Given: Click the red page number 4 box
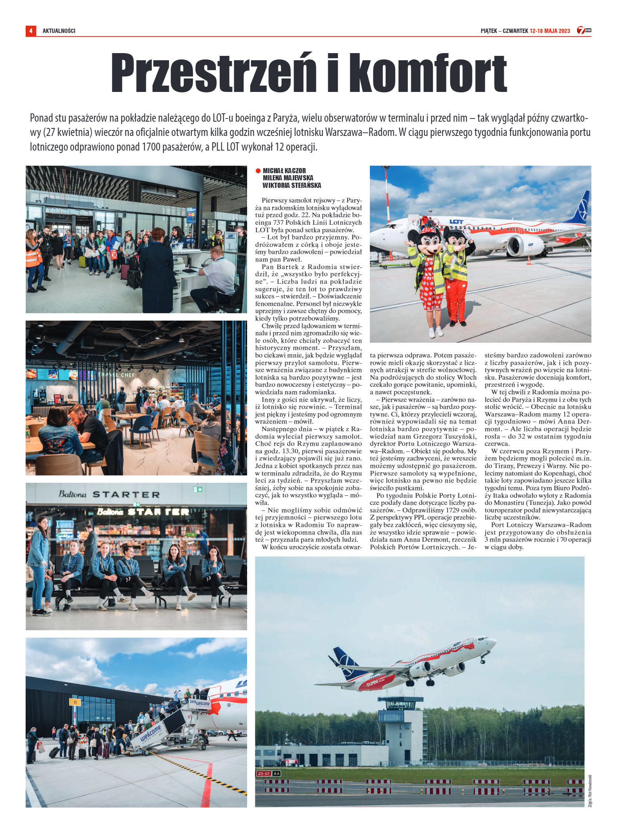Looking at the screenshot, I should (30, 31).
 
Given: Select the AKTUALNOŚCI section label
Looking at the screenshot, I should (59, 31).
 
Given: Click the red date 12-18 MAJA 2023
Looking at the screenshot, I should (550, 31).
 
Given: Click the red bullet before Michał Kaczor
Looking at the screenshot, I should (258, 171).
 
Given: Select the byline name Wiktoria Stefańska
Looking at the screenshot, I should (291, 185).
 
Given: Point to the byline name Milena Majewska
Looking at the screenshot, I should (288, 178).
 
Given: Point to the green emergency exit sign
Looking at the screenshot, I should (197, 489).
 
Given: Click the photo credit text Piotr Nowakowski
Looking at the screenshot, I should (590, 791).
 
